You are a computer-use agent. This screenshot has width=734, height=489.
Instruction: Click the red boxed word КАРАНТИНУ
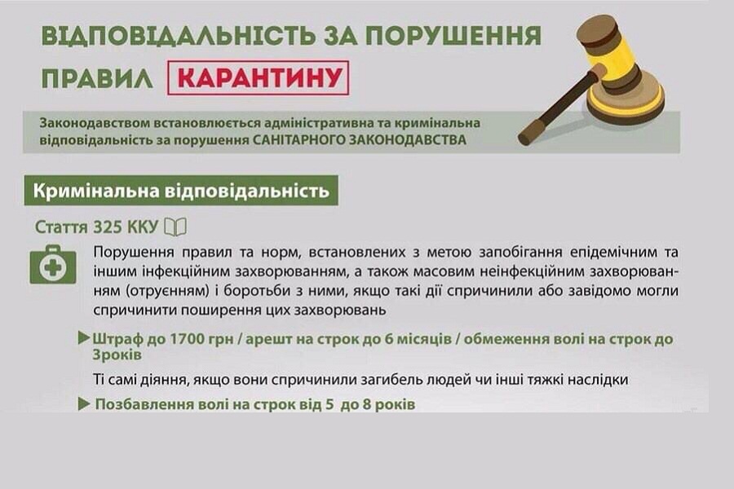tap(258, 77)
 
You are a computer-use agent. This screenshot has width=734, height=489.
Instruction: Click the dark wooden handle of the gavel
tap(559, 107)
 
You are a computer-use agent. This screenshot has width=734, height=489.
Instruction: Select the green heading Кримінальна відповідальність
tap(181, 191)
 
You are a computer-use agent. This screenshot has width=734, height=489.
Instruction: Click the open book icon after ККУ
tap(175, 227)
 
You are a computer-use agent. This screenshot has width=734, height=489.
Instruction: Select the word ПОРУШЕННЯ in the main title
tap(453, 36)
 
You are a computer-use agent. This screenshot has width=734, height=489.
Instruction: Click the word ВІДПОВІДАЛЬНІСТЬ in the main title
tap(175, 36)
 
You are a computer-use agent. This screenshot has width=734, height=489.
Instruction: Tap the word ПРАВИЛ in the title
tap(97, 77)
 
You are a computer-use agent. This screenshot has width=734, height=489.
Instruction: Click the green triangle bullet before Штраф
tap(84, 337)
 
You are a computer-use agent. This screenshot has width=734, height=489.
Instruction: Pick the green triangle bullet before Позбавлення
tap(84, 404)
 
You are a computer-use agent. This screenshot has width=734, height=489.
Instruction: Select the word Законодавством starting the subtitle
tap(93, 123)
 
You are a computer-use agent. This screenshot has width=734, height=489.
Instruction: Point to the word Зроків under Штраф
tap(117, 355)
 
